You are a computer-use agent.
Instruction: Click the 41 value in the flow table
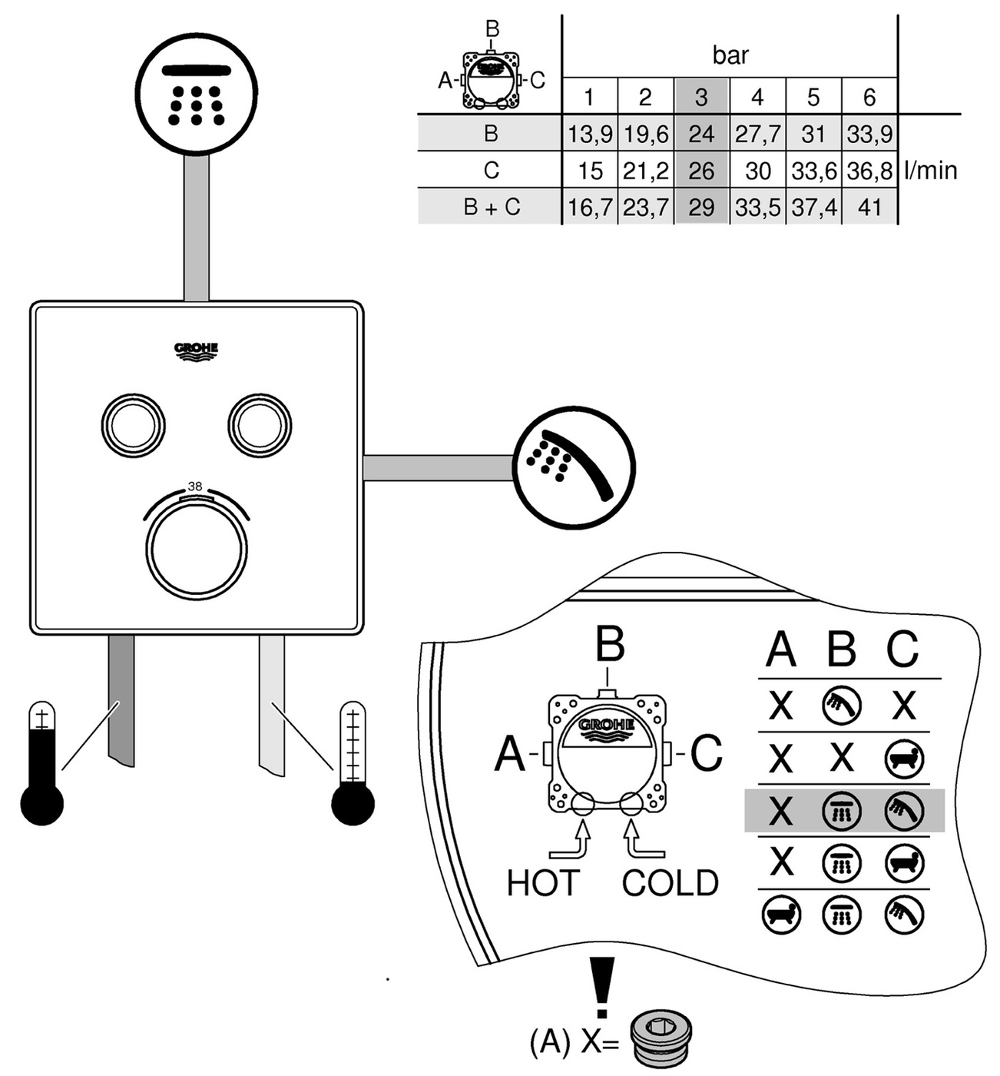tap(869, 208)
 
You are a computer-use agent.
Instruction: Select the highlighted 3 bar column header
tap(701, 97)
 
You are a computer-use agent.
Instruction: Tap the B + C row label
tap(492, 208)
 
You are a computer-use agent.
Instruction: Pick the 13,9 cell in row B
tap(590, 134)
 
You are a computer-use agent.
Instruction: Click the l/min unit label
tap(931, 170)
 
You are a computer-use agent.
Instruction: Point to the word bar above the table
tap(730, 55)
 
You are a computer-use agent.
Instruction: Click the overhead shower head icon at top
tap(196, 94)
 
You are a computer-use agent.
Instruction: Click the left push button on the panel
tap(134, 425)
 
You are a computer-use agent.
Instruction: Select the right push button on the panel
tap(260, 425)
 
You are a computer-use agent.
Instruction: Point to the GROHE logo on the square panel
tap(197, 350)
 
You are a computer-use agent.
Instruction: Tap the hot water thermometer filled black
tap(42, 765)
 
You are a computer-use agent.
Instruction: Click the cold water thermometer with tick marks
tap(353, 765)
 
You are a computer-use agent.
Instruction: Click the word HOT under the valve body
tap(542, 883)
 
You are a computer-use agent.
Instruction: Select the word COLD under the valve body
tap(670, 883)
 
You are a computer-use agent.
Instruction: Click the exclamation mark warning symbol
tap(602, 988)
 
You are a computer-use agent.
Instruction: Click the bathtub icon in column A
tap(781, 915)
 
